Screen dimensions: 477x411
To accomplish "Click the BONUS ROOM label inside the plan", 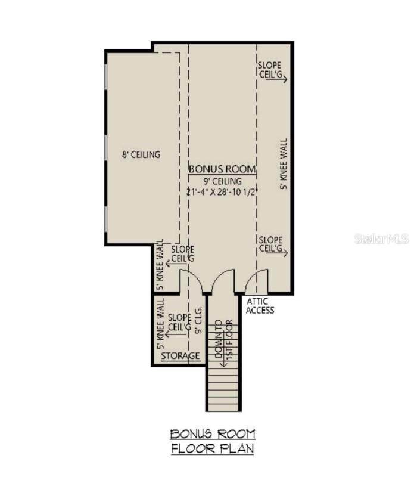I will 222,169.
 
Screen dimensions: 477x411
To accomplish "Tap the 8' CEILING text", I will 141,154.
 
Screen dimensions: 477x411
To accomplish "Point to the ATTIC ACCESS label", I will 260,306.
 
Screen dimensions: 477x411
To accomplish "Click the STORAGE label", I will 180,356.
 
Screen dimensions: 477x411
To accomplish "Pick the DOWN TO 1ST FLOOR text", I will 223,340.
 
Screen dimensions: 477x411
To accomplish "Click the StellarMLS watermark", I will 381,238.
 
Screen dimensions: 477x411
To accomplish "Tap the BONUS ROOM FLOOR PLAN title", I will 212,442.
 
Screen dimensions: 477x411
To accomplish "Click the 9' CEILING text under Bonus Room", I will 222,181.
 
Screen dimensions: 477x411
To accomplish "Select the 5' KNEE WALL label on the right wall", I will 284,164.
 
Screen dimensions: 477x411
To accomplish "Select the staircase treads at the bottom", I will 223,391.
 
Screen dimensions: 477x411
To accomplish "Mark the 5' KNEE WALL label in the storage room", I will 160,326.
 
